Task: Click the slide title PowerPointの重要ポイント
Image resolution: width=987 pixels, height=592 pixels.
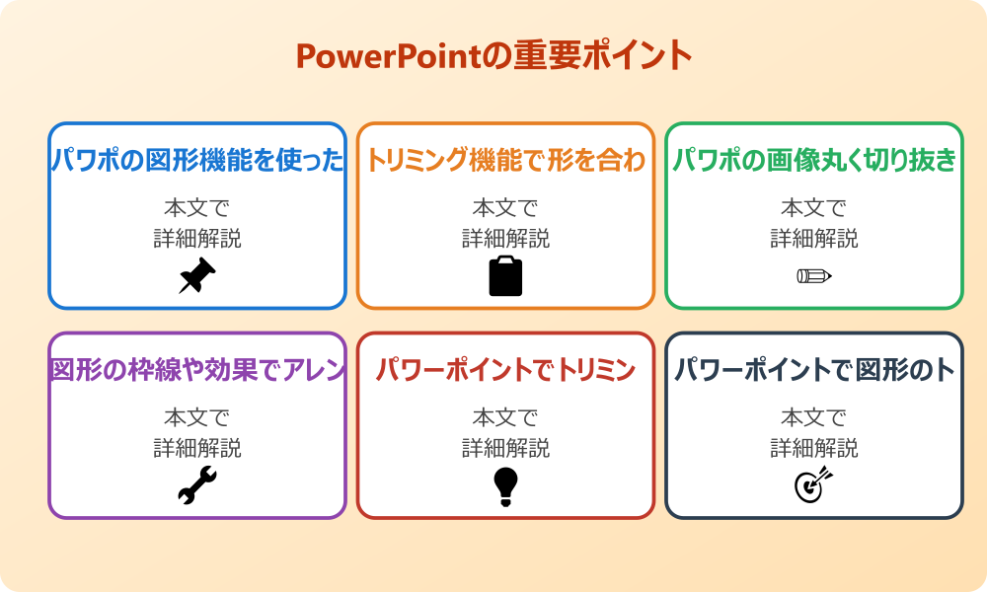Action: point(493,55)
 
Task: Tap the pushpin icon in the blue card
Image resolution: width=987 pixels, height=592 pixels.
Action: point(196,276)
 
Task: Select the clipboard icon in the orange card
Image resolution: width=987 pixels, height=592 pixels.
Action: point(505,276)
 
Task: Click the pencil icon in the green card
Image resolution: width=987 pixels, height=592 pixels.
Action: point(814,275)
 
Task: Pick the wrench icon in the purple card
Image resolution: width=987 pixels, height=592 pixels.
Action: point(196,485)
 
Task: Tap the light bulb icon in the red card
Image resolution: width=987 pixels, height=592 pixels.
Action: point(505,485)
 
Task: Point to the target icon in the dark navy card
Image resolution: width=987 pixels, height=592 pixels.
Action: point(814,485)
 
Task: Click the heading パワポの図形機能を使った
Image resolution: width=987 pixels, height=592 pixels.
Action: point(197,161)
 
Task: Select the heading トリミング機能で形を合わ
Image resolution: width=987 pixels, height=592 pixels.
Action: point(505,161)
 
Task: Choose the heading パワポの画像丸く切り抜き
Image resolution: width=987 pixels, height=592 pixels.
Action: point(814,161)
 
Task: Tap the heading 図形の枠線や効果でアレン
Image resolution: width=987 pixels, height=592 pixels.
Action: point(197,371)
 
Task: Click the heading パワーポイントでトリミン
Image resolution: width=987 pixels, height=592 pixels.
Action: point(505,371)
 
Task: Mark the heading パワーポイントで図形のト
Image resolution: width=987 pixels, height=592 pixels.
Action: point(814,371)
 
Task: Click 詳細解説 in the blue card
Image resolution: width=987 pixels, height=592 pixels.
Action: point(197,238)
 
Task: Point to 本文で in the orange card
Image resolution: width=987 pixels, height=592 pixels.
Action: point(505,208)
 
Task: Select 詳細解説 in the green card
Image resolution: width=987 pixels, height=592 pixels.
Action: point(814,238)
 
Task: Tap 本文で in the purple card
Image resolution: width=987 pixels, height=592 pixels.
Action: point(197,418)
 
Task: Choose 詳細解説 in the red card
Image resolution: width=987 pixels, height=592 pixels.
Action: point(505,448)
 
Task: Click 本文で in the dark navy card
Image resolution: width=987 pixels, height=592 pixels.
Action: point(814,418)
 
